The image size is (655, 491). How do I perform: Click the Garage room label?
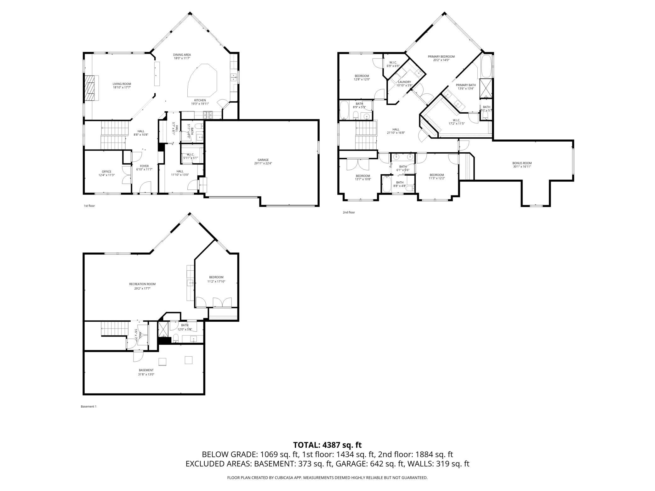click(263, 160)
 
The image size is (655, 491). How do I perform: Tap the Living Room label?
click(122, 84)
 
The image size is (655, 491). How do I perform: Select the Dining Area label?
click(182, 55)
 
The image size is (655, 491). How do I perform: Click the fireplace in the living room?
click(91, 88)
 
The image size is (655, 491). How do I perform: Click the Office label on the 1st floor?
click(106, 172)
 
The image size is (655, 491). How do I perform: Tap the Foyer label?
click(144, 166)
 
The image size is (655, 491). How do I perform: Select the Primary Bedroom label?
click(441, 57)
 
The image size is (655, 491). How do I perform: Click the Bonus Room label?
click(522, 163)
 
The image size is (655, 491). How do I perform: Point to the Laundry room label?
click(404, 82)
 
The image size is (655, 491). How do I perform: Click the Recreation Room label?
click(142, 284)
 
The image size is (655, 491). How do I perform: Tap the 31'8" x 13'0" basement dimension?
click(146, 375)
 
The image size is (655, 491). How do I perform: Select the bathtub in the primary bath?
click(486, 66)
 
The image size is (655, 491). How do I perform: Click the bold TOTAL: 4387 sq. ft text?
click(327, 445)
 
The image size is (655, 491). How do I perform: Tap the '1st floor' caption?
click(89, 206)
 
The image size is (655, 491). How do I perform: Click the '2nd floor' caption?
click(349, 212)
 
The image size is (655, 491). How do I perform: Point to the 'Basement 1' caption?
click(88, 406)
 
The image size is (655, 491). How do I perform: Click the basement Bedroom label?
click(216, 277)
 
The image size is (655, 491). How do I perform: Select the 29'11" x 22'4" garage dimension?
click(263, 163)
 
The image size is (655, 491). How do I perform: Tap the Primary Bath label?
click(466, 85)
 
